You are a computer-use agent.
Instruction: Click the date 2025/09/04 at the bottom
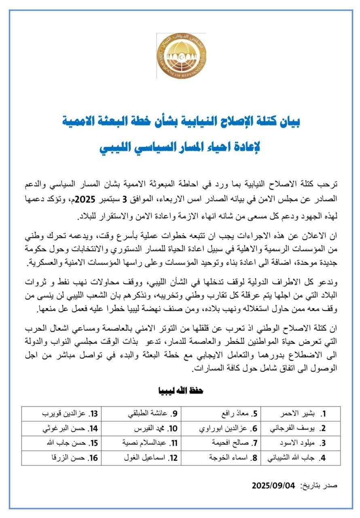[273, 485]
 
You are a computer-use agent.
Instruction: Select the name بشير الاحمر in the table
[298, 414]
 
